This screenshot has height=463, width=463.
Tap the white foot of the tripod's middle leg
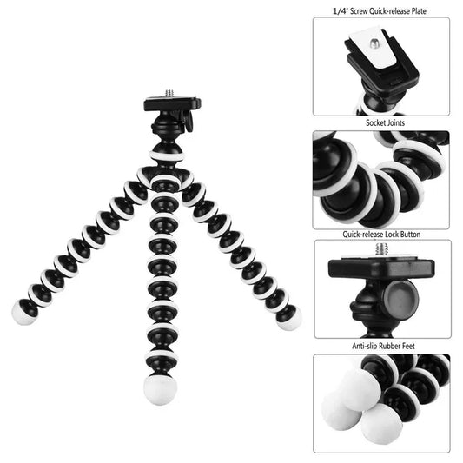click(x=159, y=379)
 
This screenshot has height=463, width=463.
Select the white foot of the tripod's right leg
click(x=290, y=318)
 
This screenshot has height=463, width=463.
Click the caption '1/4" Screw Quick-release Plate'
click(x=380, y=11)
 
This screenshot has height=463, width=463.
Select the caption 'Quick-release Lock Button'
click(x=380, y=235)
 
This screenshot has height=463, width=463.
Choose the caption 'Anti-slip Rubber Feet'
click(x=380, y=345)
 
